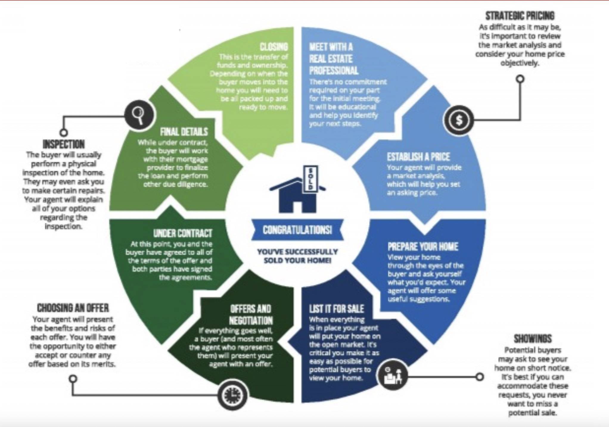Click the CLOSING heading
pyautogui.click(x=274, y=47)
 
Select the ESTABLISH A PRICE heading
pyautogui.click(x=418, y=157)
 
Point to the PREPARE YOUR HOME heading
pyautogui.click(x=423, y=247)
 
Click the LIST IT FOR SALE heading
pyautogui.click(x=336, y=308)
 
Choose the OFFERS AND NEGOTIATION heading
pyautogui.click(x=251, y=314)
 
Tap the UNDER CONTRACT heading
pyautogui.click(x=183, y=233)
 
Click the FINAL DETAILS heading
pyautogui.click(x=184, y=132)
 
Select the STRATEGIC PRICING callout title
pyautogui.click(x=520, y=15)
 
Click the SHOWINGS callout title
pyautogui.click(x=532, y=339)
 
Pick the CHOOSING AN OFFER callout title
pyautogui.click(x=73, y=308)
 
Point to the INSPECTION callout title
pyautogui.click(x=64, y=144)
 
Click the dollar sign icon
pyautogui.click(x=459, y=120)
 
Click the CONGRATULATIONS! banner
pyautogui.click(x=297, y=230)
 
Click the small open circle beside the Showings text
pyautogui.click(x=479, y=377)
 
